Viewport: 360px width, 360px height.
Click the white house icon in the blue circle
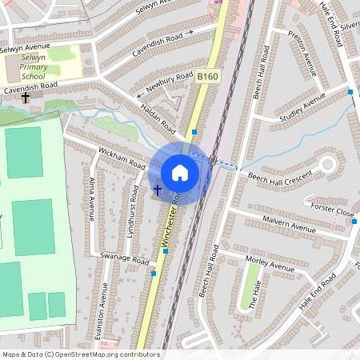[x=180, y=172]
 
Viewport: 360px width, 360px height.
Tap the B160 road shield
[x=207, y=77]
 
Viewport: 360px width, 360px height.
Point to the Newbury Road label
[x=170, y=82]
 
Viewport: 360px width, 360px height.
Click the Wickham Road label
[x=121, y=157]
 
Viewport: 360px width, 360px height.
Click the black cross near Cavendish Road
[x=26, y=98]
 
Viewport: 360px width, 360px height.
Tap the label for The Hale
[x=254, y=295]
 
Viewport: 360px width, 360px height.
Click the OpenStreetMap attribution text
[x=81, y=354]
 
